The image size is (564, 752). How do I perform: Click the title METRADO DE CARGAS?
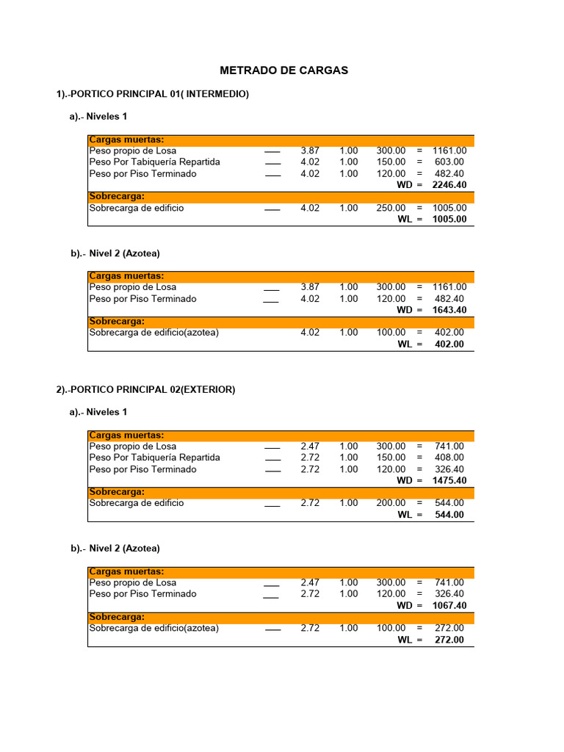(x=283, y=70)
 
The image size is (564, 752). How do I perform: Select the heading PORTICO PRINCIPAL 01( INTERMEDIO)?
(x=153, y=94)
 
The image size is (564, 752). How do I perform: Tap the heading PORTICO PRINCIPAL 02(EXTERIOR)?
(x=145, y=389)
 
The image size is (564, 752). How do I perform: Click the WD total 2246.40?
(x=449, y=185)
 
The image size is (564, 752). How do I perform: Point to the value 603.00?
(x=449, y=162)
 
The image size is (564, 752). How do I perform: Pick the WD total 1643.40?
(x=449, y=310)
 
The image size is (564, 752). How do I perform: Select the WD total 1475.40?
(x=449, y=480)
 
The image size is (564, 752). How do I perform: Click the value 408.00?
(x=449, y=458)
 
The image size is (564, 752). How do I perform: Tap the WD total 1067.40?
(x=449, y=606)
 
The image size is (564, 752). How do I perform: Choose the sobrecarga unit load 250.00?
(x=391, y=208)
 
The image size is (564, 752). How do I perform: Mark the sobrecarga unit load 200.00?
(x=391, y=503)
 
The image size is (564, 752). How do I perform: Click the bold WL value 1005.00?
(x=449, y=219)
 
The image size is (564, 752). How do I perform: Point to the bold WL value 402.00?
(x=449, y=344)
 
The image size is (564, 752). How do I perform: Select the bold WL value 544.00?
(x=449, y=515)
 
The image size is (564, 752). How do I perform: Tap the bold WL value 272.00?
(x=449, y=640)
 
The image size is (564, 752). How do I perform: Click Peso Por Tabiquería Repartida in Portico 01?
(x=154, y=162)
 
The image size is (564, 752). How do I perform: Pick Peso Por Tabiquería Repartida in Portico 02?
(x=154, y=458)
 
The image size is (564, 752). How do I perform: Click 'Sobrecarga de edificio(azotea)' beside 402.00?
(x=153, y=333)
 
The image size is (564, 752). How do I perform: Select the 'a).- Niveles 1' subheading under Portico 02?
(x=98, y=412)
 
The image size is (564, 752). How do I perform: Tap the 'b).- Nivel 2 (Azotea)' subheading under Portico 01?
(x=115, y=253)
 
